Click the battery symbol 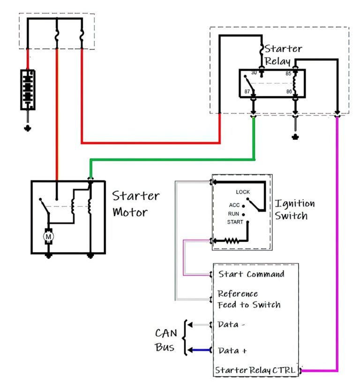click(28, 89)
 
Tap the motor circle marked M click(48, 237)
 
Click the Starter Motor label click(136, 204)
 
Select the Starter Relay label click(283, 55)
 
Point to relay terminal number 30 click(254, 73)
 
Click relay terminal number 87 click(247, 92)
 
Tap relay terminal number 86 click(289, 92)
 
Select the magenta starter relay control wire click(337, 244)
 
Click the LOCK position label click(243, 192)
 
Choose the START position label click(235, 222)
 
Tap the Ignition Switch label click(294, 210)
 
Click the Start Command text click(251, 274)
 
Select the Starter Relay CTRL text click(255, 370)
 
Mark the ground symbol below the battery click(28, 128)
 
